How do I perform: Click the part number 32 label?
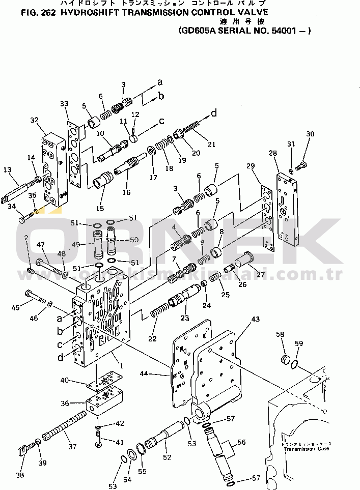[34, 120]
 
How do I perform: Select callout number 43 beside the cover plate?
[255, 319]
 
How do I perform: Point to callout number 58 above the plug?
[281, 334]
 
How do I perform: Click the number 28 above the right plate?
[272, 153]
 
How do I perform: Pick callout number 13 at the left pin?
[7, 169]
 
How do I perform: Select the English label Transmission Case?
[306, 449]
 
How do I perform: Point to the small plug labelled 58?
[287, 360]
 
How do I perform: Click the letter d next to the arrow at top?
[213, 113]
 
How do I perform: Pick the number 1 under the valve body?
[121, 365]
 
